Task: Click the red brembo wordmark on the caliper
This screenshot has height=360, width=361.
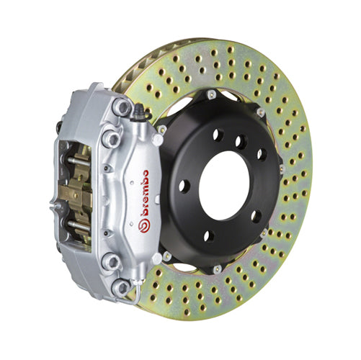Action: coord(145,196)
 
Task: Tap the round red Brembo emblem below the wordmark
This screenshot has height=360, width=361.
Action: coord(143,227)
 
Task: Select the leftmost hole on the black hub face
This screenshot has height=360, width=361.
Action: coord(184,186)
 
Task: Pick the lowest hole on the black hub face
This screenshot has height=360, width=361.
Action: coord(210,236)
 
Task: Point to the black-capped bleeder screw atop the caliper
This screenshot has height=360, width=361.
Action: coord(137,111)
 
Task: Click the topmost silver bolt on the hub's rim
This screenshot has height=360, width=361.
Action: coord(210,94)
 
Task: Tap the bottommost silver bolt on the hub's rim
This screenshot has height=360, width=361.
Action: coord(216,269)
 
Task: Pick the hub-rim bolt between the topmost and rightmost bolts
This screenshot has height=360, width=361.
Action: coord(260,112)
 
